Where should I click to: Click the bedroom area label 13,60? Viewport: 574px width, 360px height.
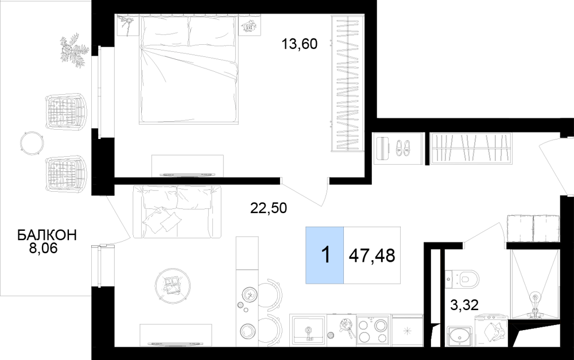(299, 44)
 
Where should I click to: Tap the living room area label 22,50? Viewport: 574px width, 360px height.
(268, 208)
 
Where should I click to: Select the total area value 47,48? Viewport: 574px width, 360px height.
(372, 256)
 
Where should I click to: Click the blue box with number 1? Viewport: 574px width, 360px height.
(325, 255)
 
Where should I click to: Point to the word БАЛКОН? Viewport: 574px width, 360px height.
(47, 235)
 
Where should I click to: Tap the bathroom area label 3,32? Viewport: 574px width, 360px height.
(464, 304)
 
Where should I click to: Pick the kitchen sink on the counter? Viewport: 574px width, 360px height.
(308, 331)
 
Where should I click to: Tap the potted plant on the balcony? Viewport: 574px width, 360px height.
(74, 50)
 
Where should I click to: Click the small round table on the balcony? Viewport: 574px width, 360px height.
(32, 143)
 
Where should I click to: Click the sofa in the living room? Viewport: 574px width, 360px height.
(177, 211)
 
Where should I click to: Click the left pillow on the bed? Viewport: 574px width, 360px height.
(165, 31)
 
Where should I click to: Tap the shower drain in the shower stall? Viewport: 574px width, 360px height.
(535, 297)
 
